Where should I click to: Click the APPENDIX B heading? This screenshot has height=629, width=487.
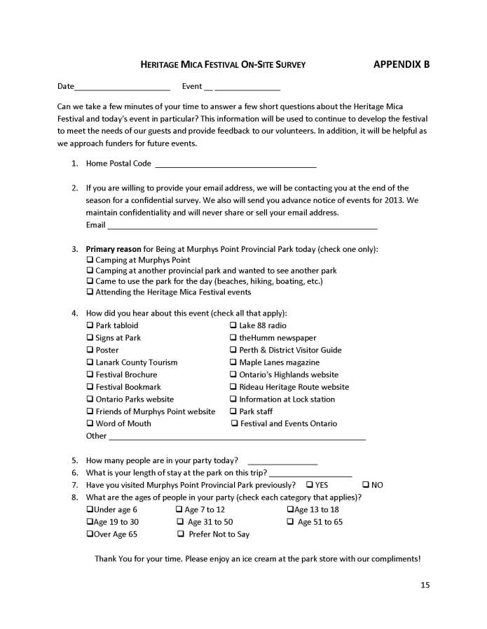(402, 64)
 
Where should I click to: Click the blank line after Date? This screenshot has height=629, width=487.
(122, 87)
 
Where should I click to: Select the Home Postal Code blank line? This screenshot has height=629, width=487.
(235, 164)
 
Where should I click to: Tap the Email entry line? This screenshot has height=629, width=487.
(242, 226)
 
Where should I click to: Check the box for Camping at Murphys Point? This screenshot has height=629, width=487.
(90, 260)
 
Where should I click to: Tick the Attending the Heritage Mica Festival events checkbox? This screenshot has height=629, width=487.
(90, 292)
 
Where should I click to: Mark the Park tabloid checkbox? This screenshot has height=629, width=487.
(90, 326)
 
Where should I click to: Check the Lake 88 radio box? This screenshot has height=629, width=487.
(233, 326)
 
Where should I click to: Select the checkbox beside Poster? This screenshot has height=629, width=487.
(90, 351)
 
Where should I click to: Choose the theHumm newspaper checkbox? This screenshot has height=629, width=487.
(233, 338)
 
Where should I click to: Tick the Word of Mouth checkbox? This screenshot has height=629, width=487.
(90, 424)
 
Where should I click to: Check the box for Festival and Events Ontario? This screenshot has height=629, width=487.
(235, 424)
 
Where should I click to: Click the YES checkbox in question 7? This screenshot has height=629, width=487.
(309, 485)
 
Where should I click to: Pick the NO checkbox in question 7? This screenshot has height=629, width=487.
(365, 485)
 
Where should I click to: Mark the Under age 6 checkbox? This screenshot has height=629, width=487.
(90, 510)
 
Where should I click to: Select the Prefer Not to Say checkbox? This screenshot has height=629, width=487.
(181, 535)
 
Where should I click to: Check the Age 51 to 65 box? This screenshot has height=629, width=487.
(289, 522)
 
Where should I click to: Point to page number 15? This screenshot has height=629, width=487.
(425, 585)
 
